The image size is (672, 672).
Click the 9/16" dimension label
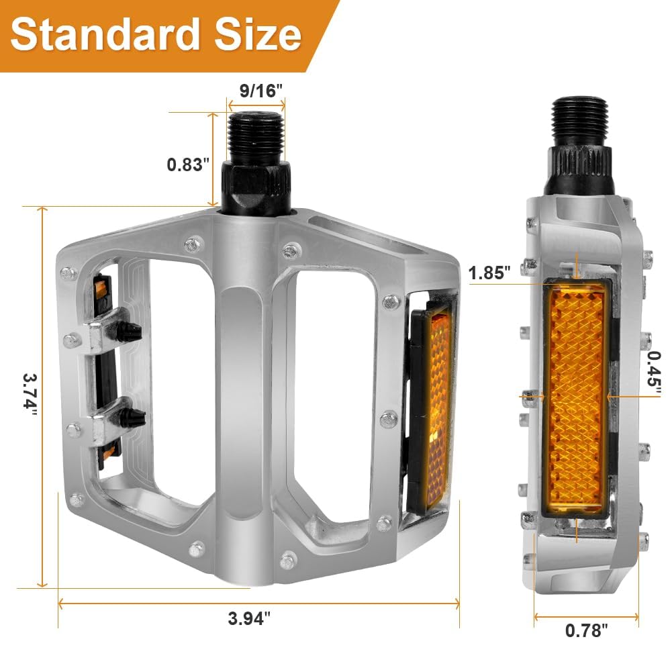point(261,91)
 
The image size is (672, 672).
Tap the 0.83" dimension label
point(188,164)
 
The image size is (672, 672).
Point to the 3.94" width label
point(249,618)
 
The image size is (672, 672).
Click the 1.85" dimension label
point(489,273)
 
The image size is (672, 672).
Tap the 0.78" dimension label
point(586,630)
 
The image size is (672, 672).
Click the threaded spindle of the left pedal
point(256,138)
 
